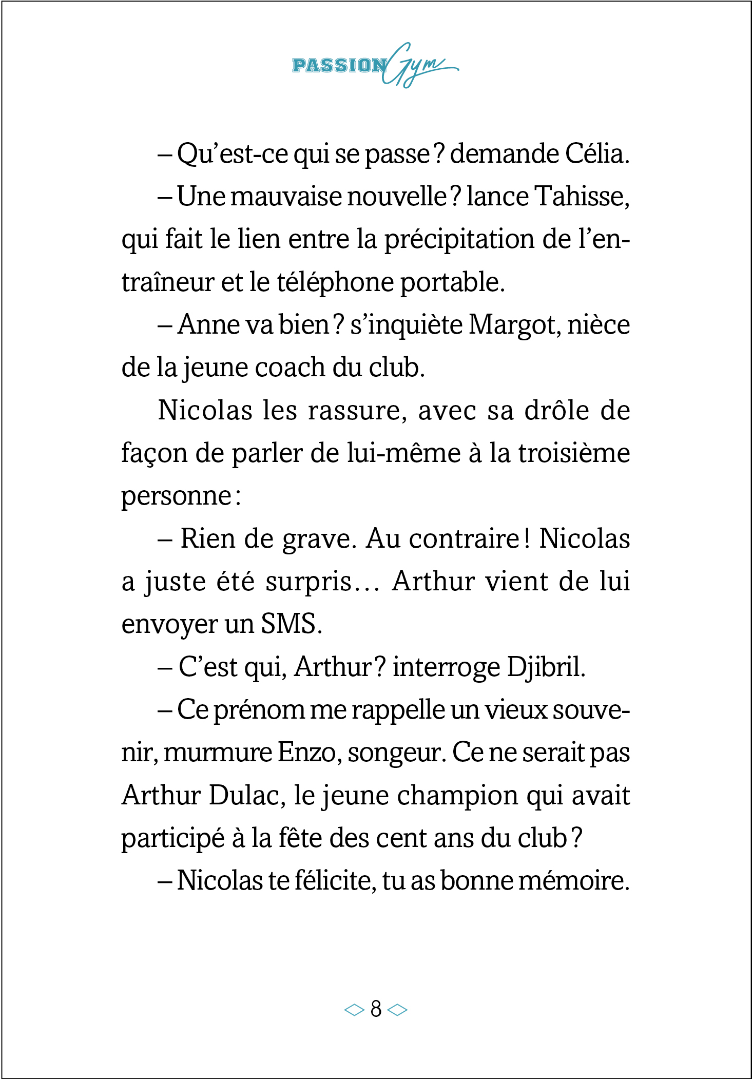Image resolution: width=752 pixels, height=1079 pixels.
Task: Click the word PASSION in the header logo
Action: [x=339, y=66]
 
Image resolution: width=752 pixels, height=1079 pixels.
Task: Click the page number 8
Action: [x=376, y=1009]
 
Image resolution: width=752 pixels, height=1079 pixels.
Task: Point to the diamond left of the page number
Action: [x=354, y=1010]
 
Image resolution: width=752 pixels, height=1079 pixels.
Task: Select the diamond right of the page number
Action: [x=397, y=1010]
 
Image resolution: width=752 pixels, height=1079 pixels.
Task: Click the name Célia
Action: [x=597, y=154]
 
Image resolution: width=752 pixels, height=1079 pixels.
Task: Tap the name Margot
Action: [x=514, y=325]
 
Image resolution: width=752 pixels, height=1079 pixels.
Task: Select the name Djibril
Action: [x=546, y=667]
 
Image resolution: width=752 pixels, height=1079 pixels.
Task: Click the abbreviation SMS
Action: [x=291, y=624]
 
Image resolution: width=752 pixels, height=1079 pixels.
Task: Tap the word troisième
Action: [x=574, y=453]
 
